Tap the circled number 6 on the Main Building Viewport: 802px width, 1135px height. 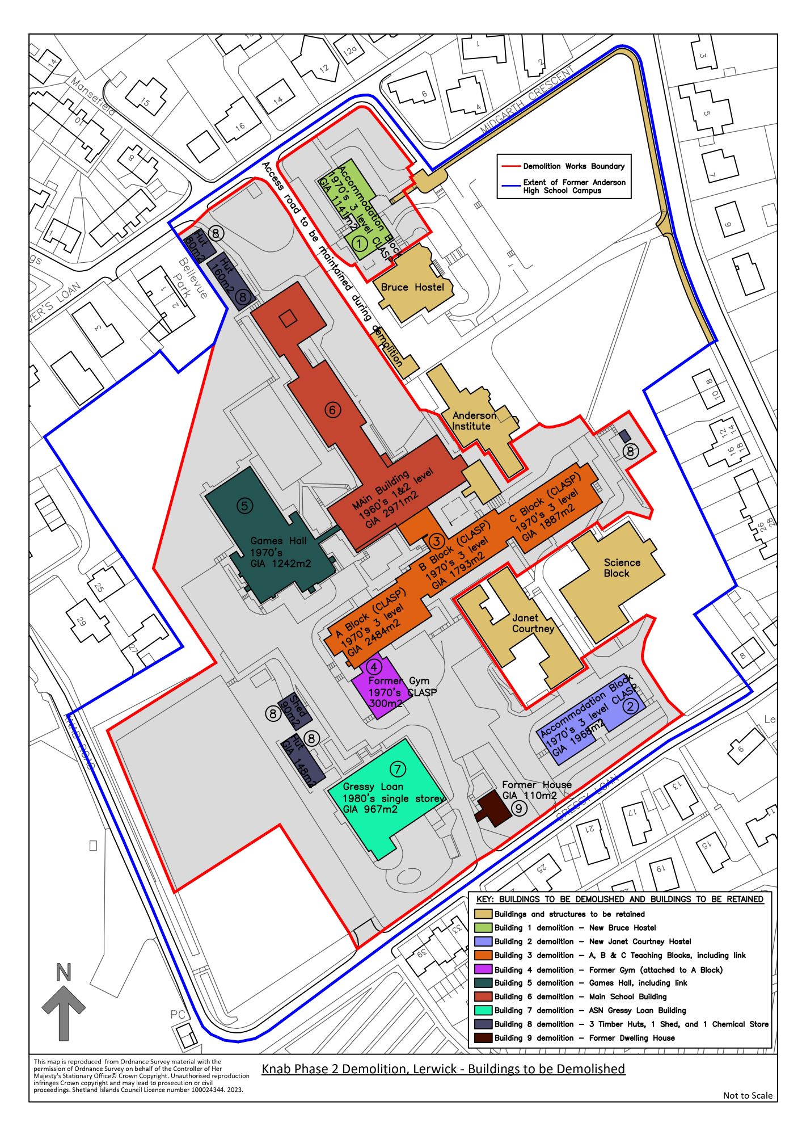pos(332,410)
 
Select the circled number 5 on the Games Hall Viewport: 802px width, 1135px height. pos(244,506)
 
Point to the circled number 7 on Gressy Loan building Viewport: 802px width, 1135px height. pos(398,769)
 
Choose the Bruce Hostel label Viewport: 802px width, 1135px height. pos(412,287)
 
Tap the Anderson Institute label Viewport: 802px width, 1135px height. pos(474,421)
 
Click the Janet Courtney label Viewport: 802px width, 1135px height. pos(533,623)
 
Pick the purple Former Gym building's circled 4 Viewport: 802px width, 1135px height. pos(374,667)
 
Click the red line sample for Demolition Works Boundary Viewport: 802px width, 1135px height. pos(509,166)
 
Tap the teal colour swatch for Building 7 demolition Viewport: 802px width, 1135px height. pos(483,1010)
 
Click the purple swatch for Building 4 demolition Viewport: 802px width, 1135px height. pos(483,969)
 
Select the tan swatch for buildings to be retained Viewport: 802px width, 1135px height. pos(483,914)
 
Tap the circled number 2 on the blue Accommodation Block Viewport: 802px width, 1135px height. pos(631,706)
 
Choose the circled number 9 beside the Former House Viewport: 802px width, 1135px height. pos(518,808)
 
